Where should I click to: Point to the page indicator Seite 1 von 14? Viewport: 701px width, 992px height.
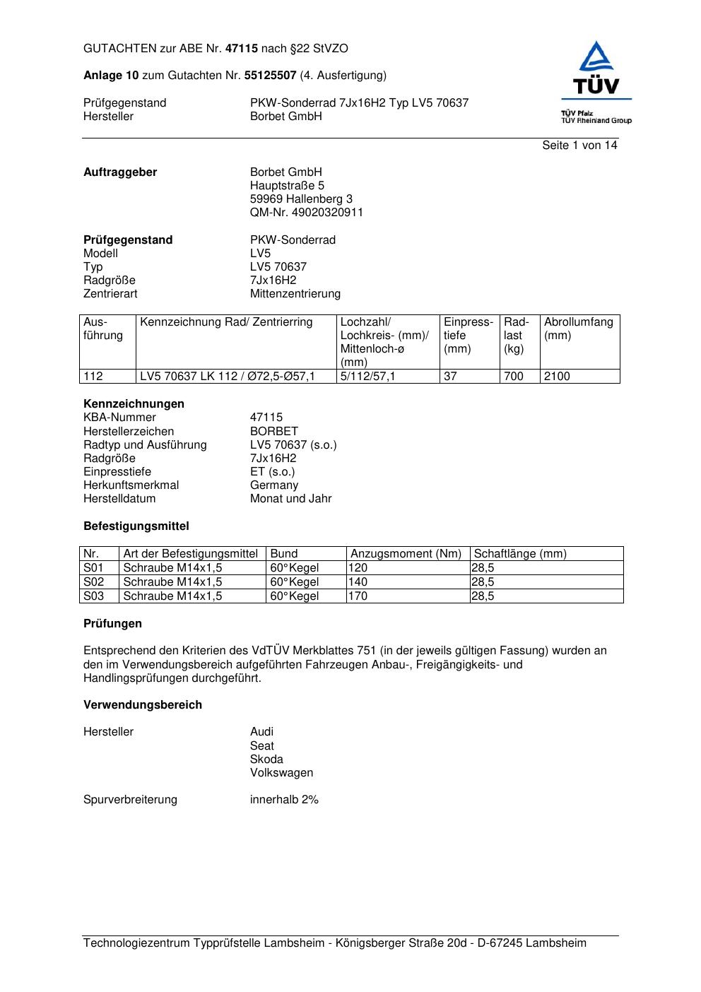click(579, 146)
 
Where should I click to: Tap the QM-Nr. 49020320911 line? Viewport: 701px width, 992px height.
click(306, 213)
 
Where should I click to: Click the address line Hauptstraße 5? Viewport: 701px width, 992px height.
click(287, 186)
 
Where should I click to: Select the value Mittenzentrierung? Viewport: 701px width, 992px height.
click(295, 294)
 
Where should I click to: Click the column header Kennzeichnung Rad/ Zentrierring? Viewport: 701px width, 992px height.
click(226, 322)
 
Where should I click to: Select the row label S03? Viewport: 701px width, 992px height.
click(93, 596)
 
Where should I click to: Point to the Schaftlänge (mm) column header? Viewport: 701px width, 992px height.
click(520, 554)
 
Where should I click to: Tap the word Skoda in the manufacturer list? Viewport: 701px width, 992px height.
click(266, 760)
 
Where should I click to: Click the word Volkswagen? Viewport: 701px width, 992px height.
click(281, 773)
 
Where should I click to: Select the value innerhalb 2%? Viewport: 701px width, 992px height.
click(284, 800)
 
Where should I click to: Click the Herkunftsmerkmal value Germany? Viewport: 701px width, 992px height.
click(274, 485)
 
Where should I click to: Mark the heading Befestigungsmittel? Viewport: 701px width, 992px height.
click(136, 526)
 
